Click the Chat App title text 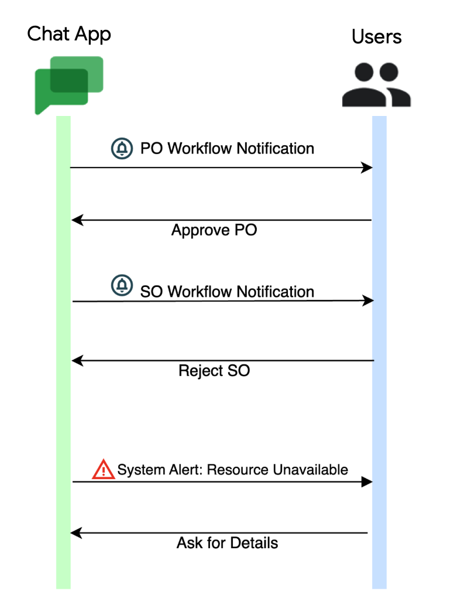click(69, 34)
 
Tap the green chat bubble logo click(68, 84)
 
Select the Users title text click(377, 36)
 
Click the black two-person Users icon click(377, 86)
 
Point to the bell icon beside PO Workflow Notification click(122, 149)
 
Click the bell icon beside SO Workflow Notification click(122, 286)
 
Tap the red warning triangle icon click(104, 469)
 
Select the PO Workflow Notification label click(227, 149)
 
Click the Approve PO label click(214, 230)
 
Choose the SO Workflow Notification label click(227, 292)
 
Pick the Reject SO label click(214, 371)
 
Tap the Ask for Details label click(227, 543)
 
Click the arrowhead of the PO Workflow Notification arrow click(367, 168)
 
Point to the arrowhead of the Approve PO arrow click(77, 220)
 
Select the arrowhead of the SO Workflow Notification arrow click(368, 300)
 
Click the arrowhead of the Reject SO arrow click(77, 361)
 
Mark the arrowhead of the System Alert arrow click(367, 482)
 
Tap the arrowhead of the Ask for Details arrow click(75, 533)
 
